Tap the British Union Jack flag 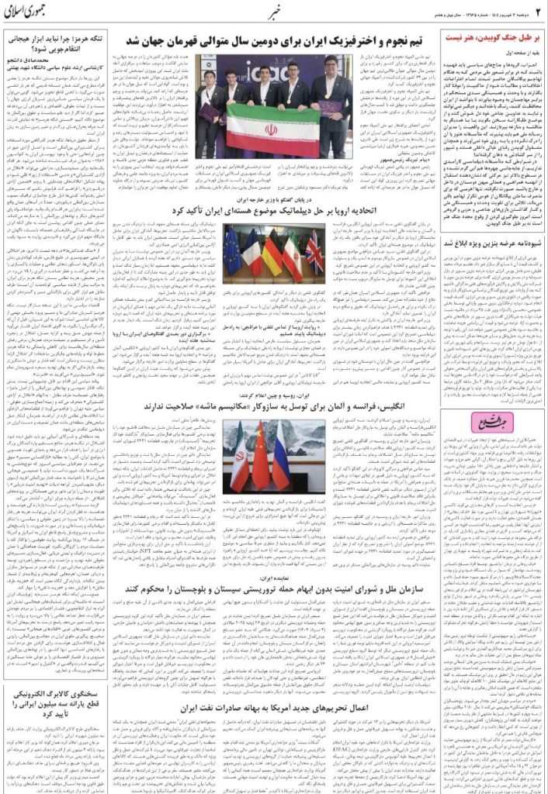314,248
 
